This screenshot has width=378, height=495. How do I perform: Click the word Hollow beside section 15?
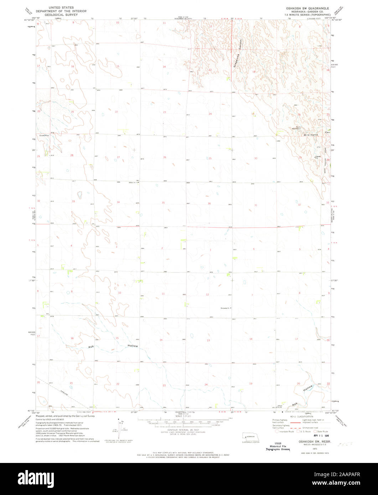(x=133, y=346)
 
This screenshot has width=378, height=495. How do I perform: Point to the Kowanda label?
(x=225, y=308)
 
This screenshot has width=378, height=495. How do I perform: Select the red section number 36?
(x=209, y=204)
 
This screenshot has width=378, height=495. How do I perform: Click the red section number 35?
(x=163, y=203)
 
